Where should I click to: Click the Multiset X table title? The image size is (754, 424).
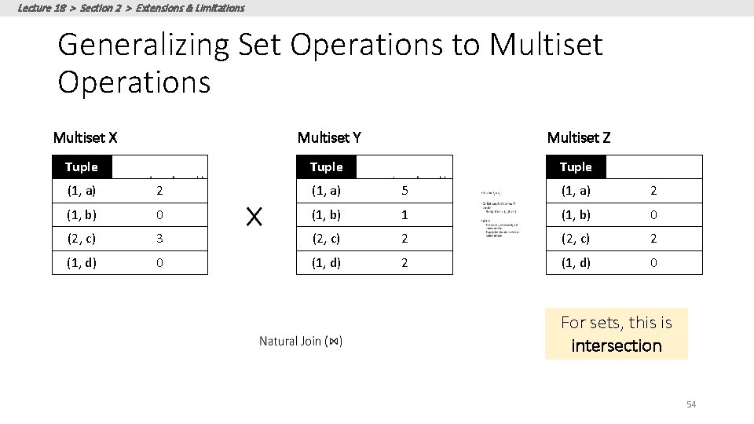(85, 138)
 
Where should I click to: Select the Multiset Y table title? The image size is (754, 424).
(329, 138)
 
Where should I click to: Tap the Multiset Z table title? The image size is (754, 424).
(578, 138)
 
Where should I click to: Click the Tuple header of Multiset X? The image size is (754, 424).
(82, 167)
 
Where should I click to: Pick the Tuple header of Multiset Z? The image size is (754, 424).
(576, 167)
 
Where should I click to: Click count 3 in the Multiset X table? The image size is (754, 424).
(159, 239)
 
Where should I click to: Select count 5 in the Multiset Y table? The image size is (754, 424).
(404, 191)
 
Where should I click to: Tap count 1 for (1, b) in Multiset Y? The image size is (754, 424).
(404, 215)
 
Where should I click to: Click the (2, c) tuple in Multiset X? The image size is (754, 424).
(82, 239)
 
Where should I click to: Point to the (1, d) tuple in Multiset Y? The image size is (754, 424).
(327, 263)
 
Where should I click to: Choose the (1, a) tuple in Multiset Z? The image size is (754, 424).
(576, 191)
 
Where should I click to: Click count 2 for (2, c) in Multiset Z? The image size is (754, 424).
(653, 239)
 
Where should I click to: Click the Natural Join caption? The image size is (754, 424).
(301, 341)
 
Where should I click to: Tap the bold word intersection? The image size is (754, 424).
(617, 345)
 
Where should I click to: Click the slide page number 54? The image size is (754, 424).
(691, 404)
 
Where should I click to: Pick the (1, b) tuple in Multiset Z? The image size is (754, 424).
(576, 215)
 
